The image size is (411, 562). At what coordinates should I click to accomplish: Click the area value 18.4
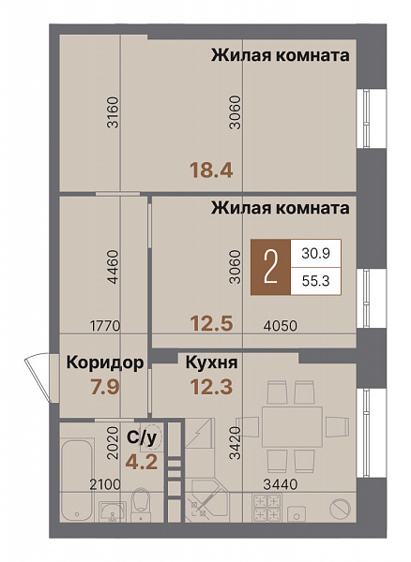point(211,170)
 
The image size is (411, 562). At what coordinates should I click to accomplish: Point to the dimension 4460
point(113,266)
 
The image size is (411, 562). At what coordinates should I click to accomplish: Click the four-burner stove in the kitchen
point(266,511)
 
